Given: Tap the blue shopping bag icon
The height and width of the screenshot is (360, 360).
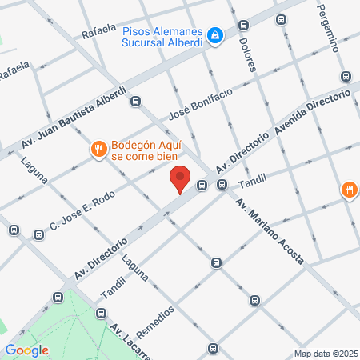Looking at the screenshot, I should pos(214,35).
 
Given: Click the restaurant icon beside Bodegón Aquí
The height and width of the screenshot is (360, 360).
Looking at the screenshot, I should pos(98,148).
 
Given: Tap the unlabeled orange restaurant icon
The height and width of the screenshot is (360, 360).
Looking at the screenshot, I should pos(349,190).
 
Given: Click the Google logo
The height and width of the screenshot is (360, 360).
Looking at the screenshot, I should pos(26,350).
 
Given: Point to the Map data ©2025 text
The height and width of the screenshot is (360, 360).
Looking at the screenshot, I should pos(326,354).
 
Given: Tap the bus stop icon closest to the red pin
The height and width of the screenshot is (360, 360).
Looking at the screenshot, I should pos(202,186).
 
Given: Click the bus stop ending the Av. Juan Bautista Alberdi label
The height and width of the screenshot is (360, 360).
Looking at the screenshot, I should pos(136,102).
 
